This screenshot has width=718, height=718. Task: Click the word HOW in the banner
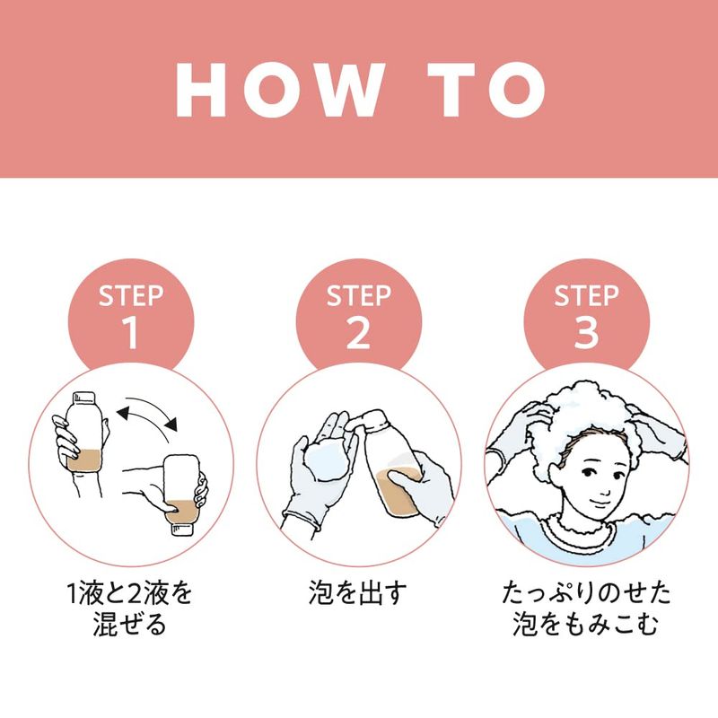[280, 90]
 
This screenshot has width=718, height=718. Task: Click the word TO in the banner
[486, 90]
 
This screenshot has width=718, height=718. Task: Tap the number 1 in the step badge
[130, 332]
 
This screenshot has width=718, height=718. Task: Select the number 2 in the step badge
[358, 332]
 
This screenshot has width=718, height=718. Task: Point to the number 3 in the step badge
[586, 332]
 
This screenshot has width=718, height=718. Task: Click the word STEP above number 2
[358, 295]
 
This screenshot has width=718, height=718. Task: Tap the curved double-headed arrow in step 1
[147, 414]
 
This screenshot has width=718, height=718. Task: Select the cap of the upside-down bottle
[182, 530]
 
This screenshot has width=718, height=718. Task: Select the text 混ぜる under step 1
[130, 624]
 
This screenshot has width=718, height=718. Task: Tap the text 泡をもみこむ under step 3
[586, 624]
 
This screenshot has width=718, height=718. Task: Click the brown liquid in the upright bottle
[83, 460]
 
